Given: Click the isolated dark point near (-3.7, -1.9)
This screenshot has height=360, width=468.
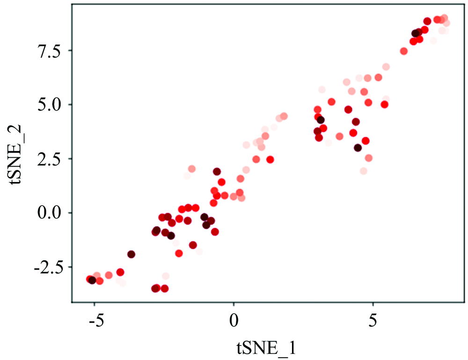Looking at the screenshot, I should [132, 254].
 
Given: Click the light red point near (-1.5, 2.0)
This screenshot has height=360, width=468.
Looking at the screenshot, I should [191, 169].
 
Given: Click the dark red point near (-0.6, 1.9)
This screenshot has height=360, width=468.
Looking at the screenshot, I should [217, 172].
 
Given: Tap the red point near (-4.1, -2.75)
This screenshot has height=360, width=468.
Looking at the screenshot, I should [120, 272].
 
